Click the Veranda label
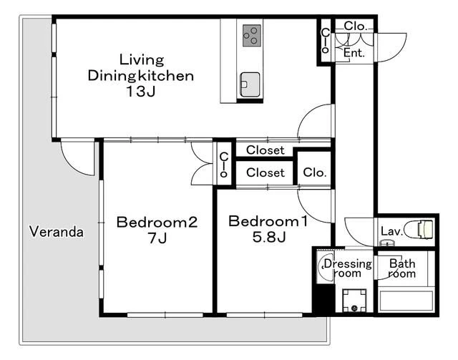tap(57, 232)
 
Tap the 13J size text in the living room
tap(140, 92)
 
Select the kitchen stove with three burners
tap(252, 36)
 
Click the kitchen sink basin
tap(250, 84)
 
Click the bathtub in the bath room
tap(406, 301)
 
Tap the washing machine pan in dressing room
tap(354, 301)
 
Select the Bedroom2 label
tap(157, 222)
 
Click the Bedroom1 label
tap(268, 221)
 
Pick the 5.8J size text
tap(269, 237)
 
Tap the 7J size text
tap(157, 238)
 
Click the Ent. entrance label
tap(354, 53)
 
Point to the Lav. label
tap(391, 231)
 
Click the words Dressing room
tap(348, 268)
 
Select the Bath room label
tap(402, 268)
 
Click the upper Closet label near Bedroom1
tap(265, 150)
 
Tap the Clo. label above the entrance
tap(355, 26)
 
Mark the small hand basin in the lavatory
tap(386, 243)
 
